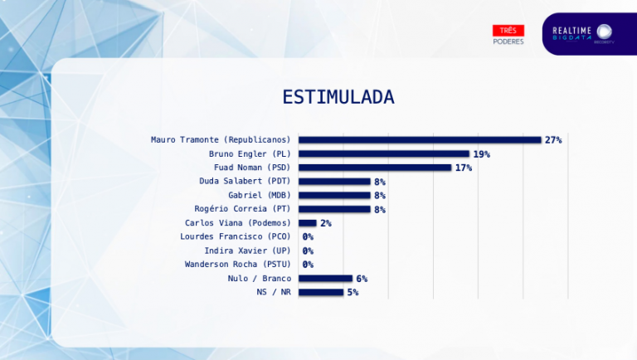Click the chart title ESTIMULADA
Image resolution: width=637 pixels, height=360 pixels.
click(x=338, y=97)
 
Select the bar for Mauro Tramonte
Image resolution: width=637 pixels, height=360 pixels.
click(x=420, y=140)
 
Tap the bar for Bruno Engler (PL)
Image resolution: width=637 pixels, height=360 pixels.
click(x=384, y=153)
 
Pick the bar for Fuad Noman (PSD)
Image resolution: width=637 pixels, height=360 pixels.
click(x=375, y=168)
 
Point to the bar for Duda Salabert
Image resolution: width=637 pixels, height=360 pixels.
click(x=334, y=181)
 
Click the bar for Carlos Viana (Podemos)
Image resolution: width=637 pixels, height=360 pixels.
click(x=308, y=223)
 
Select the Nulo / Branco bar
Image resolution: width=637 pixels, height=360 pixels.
click(x=325, y=279)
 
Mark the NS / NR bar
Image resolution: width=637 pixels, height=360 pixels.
click(x=321, y=292)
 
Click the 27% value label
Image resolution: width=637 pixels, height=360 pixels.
click(x=553, y=140)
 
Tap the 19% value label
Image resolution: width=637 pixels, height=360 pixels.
click(x=481, y=154)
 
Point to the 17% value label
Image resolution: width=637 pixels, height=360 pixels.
click(x=463, y=168)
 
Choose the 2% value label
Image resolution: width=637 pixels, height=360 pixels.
click(x=326, y=223)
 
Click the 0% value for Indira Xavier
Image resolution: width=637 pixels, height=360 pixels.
click(x=308, y=251)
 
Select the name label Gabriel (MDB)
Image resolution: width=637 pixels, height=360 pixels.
click(x=259, y=195)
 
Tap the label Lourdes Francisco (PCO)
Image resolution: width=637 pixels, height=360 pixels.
click(x=235, y=236)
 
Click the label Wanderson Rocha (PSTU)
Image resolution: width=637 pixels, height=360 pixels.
click(x=237, y=265)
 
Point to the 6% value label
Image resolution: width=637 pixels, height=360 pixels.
click(x=362, y=279)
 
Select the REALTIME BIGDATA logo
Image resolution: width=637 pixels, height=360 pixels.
click(x=583, y=33)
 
